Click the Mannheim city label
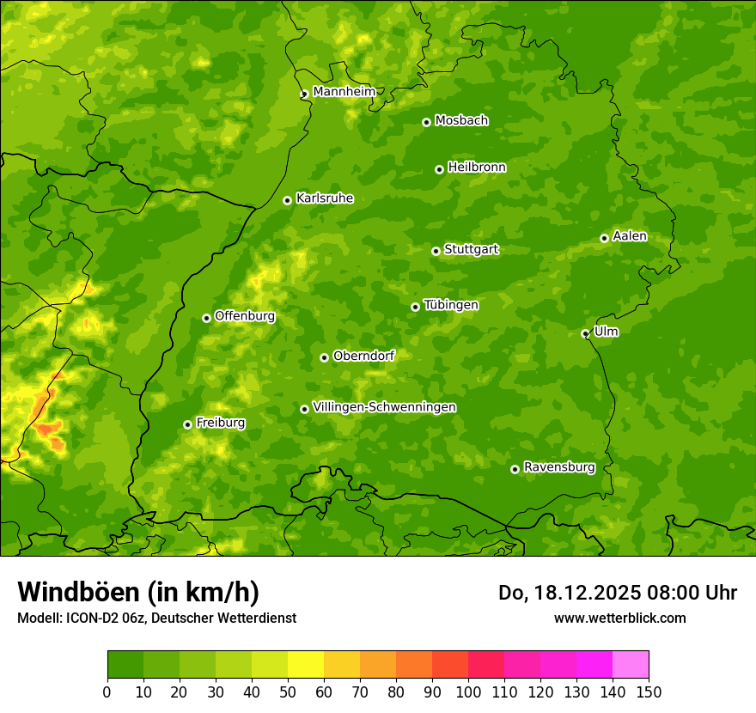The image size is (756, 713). pyautogui.click(x=344, y=92)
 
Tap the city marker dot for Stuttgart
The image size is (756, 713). pyautogui.click(x=436, y=251)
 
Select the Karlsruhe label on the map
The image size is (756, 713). pyautogui.click(x=325, y=198)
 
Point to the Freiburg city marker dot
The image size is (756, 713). pyautogui.click(x=187, y=424)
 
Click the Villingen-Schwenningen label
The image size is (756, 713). pyautogui.click(x=384, y=407)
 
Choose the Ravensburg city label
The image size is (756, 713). pyautogui.click(x=559, y=467)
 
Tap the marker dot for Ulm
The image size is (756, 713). pyautogui.click(x=585, y=333)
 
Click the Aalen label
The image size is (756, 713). pyautogui.click(x=630, y=236)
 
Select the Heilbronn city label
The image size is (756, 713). pyautogui.click(x=477, y=168)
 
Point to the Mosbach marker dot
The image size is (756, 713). pyautogui.click(x=426, y=122)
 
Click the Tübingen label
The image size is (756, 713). pyautogui.click(x=451, y=305)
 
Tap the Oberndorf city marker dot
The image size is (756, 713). pyautogui.click(x=324, y=357)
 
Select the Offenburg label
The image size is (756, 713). pyautogui.click(x=245, y=316)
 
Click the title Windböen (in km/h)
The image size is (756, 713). pyautogui.click(x=138, y=593)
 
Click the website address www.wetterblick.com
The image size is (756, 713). pyautogui.click(x=619, y=618)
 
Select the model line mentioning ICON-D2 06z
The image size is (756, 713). pyautogui.click(x=156, y=618)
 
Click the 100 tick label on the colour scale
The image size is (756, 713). pyautogui.click(x=468, y=692)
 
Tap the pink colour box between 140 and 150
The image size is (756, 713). pyautogui.click(x=631, y=664)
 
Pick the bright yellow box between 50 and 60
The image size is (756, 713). pyautogui.click(x=306, y=664)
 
